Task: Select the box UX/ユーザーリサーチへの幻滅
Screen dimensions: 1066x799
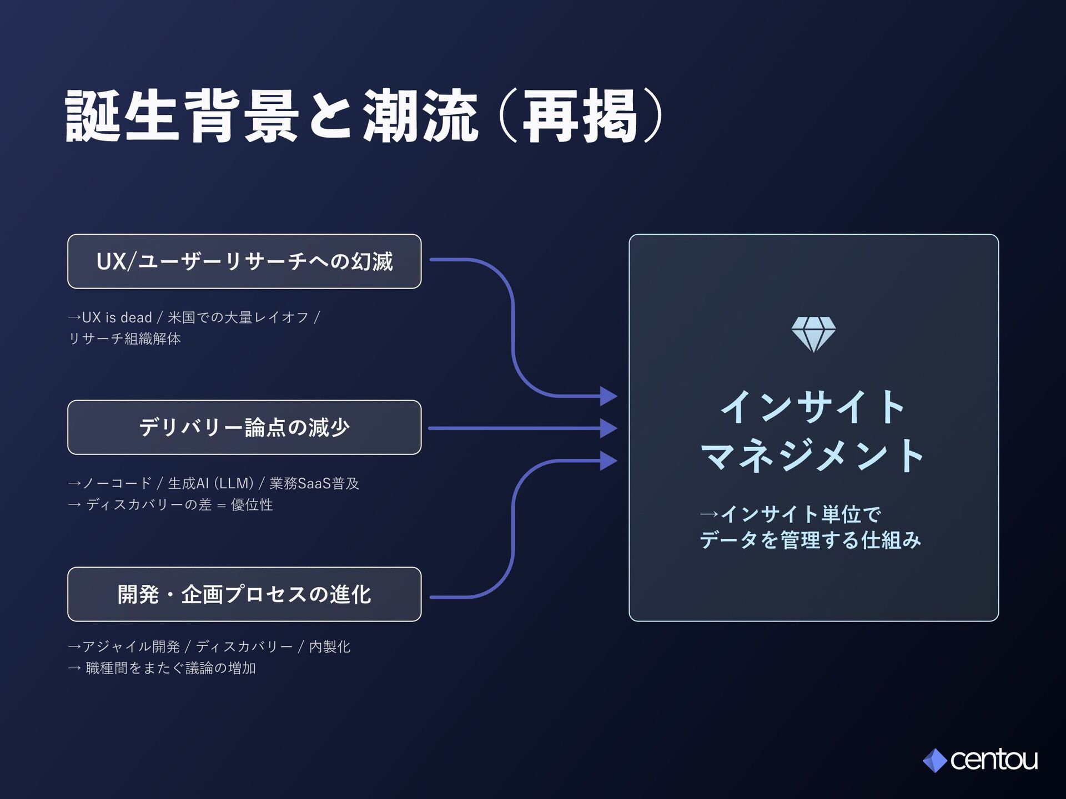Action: pos(244,261)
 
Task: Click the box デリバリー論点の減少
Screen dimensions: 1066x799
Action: pos(244,427)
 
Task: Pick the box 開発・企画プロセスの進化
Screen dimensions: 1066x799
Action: pos(244,594)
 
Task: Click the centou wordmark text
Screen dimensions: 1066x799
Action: pos(993,760)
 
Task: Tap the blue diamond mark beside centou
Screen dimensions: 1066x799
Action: pos(935,761)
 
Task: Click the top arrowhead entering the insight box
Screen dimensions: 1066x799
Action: pos(609,396)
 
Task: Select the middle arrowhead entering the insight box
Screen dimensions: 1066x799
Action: pos(609,428)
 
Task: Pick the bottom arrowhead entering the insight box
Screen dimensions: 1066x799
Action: pos(609,461)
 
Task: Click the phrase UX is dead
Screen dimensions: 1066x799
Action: pos(117,317)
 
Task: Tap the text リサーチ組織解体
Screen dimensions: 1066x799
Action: pos(124,338)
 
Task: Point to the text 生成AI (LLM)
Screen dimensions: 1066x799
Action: pos(210,483)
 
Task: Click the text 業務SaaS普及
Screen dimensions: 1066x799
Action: pos(314,483)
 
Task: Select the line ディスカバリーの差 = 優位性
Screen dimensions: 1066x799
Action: pos(179,505)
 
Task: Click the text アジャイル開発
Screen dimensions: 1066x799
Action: pos(131,646)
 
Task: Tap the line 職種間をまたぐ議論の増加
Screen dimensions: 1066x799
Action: pos(170,668)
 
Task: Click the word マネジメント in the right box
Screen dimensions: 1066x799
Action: pos(812,455)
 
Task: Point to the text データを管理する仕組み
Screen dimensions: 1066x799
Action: pos(810,540)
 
